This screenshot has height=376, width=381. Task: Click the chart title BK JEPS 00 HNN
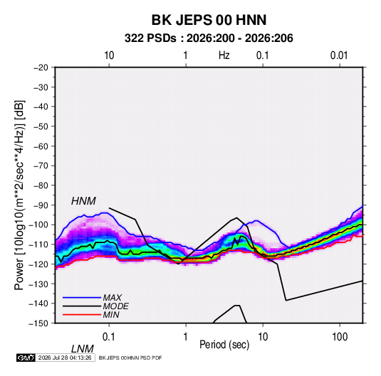(x=209, y=20)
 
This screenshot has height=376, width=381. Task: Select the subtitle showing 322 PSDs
(x=209, y=38)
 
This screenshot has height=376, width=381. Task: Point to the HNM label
(x=83, y=201)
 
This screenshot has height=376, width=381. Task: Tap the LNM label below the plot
(x=83, y=349)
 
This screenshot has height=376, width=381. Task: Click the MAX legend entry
(x=112, y=297)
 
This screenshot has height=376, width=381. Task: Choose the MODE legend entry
(x=115, y=306)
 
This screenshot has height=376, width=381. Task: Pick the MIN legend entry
(x=111, y=315)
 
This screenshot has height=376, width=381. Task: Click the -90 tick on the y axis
(x=41, y=205)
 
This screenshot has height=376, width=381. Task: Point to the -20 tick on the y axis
(x=41, y=68)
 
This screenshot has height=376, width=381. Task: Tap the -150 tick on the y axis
(x=38, y=323)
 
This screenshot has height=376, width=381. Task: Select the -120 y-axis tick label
(x=38, y=264)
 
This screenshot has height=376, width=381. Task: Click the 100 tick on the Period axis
(x=340, y=337)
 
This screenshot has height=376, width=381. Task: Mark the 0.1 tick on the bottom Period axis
(x=108, y=337)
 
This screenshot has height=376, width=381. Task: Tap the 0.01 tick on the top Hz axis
(x=339, y=55)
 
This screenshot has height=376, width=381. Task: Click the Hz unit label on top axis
(x=224, y=55)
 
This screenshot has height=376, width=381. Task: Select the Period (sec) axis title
(x=224, y=345)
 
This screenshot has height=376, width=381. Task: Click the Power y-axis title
(x=19, y=195)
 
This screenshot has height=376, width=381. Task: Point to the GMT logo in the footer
(x=26, y=358)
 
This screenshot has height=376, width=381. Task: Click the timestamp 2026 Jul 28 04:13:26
(x=65, y=358)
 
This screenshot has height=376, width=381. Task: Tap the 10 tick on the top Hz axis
(x=109, y=55)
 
